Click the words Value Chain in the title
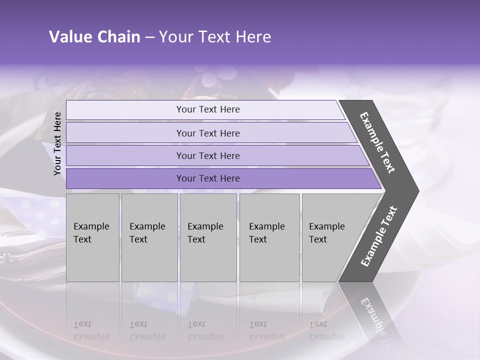point(94,37)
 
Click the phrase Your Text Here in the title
point(215,37)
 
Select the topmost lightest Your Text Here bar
point(207,109)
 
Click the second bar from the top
point(207,133)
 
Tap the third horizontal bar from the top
point(207,155)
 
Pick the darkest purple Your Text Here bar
point(207,178)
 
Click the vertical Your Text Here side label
point(57,143)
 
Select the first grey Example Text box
point(92,237)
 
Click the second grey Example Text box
point(148,237)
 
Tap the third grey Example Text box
point(207,237)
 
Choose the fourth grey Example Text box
point(269,237)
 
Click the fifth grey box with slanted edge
point(330,237)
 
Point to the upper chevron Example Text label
point(377,142)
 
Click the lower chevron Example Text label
point(379,236)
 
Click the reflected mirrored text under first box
point(91,330)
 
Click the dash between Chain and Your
point(149,37)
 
